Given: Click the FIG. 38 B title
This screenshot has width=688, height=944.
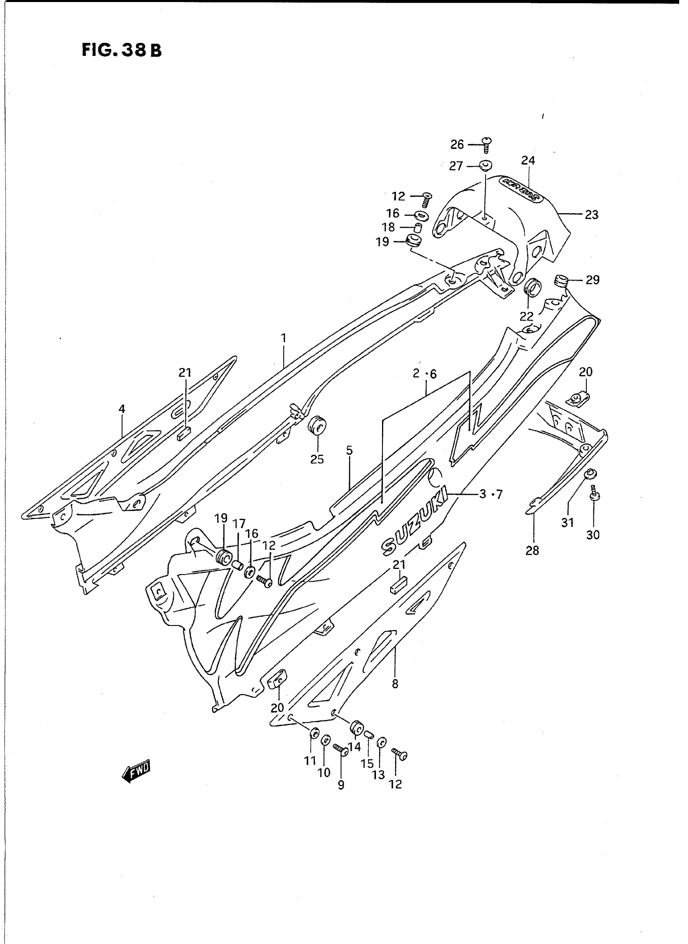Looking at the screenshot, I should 121,51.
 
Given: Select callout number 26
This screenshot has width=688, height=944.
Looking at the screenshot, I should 457,144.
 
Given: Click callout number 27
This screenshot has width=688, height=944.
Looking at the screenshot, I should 456,166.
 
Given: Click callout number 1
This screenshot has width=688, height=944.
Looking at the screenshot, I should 284,338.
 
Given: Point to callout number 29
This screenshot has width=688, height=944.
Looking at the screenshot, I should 592,280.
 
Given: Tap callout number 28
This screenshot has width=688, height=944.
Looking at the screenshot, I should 532,551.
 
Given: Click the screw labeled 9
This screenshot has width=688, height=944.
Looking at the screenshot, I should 341,750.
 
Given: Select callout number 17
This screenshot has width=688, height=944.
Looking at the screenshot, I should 239,524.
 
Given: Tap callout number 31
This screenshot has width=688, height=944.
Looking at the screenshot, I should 568,522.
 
